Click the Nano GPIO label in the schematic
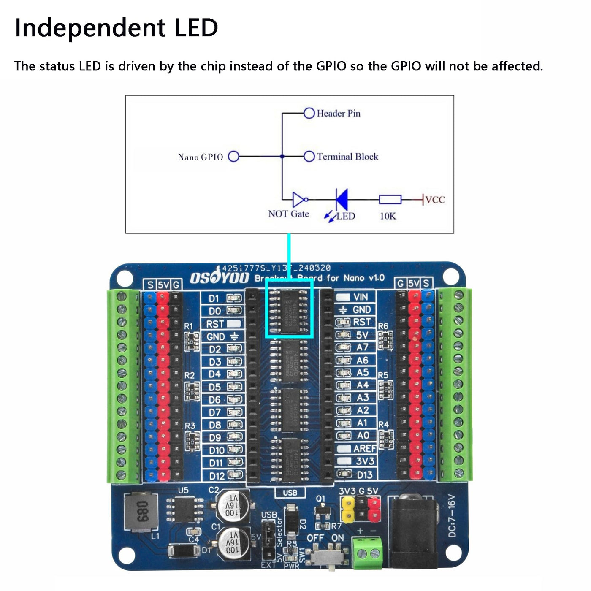(200, 157)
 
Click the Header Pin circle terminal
(309, 113)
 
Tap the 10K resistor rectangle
(390, 199)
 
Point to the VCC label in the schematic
(435, 200)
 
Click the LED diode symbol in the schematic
(342, 199)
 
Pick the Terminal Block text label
(347, 157)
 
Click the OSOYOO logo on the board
(220, 278)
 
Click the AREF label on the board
(364, 448)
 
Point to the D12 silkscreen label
(217, 476)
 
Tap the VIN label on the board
(361, 297)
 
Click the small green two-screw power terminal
(367, 553)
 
